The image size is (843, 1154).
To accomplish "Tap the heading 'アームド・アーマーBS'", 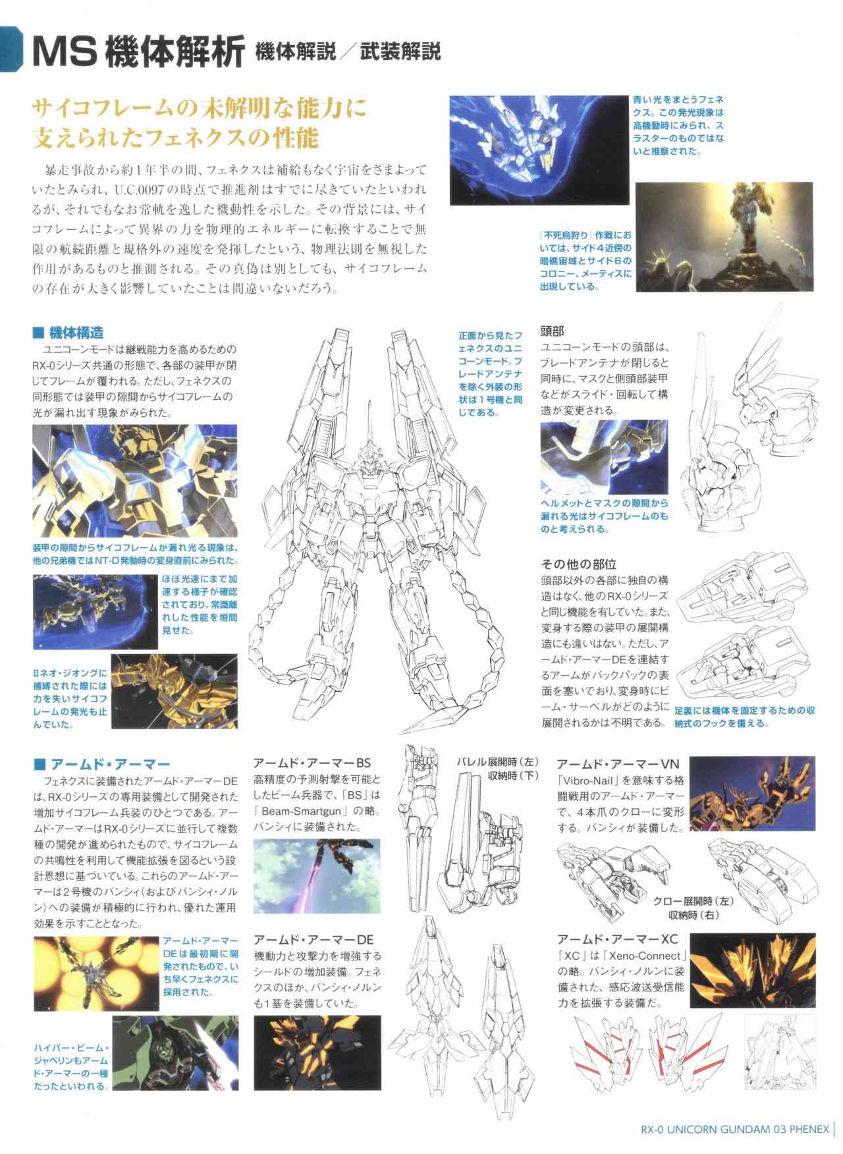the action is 313,763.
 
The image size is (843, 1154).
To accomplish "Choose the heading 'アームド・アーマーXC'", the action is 618,939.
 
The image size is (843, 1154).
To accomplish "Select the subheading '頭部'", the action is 553,331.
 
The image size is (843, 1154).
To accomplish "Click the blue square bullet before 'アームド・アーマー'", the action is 39,764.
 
